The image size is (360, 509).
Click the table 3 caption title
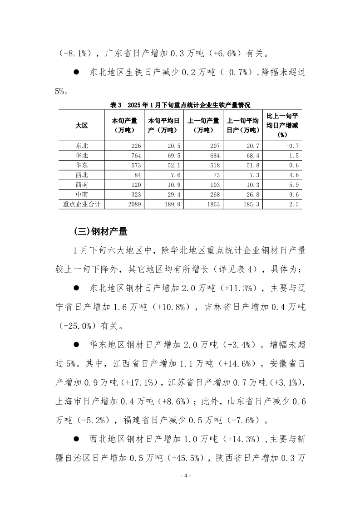coord(180,105)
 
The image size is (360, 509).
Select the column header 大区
coord(82,126)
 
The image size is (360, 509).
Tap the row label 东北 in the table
coord(82,146)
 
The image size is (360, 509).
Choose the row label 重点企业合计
coord(82,205)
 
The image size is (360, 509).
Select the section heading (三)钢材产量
coord(100,231)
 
